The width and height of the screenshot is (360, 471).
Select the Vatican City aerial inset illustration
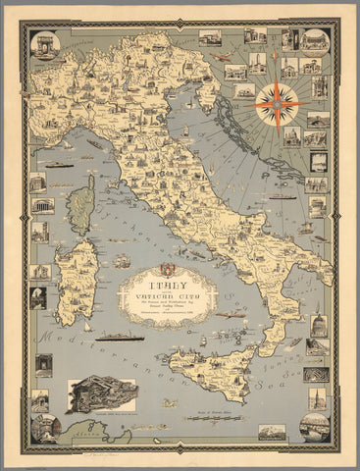(x=102, y=394)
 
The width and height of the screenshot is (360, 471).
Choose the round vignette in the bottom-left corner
(x=46, y=428)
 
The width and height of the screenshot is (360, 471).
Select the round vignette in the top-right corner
(x=314, y=40)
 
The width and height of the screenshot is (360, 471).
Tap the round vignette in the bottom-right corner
(x=315, y=425)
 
